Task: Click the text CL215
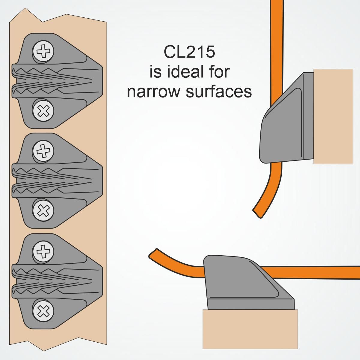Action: tap(189, 52)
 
